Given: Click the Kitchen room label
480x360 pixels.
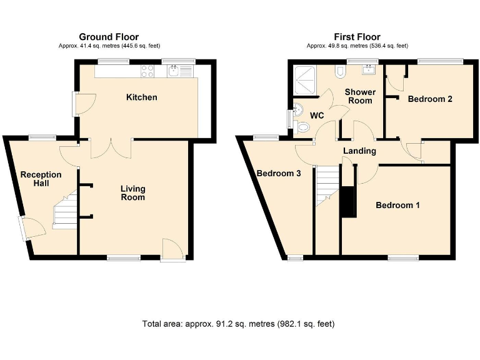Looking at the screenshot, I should pos(142,97).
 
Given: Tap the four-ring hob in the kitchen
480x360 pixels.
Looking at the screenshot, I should pos(148,72).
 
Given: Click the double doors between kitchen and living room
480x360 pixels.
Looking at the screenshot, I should pos(111,149).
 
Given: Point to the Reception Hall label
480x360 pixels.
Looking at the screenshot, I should pos(41,179).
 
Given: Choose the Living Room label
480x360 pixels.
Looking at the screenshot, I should pos(132,192).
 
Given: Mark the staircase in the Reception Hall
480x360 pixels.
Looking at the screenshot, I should pos(64,210).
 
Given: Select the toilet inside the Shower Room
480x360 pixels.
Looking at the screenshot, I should pos(339,71).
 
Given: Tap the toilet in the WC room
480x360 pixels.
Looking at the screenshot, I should pos(303,127).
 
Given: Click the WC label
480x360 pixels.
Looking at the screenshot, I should pos(317,115).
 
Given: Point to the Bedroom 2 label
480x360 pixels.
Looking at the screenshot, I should pos(430,99).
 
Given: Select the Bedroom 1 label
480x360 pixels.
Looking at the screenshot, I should pos(397,205).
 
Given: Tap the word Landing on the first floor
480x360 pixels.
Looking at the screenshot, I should pos(359,151).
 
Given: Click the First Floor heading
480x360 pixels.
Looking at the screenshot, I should pos(357,37).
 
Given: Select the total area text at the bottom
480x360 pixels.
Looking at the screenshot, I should pos(238,324).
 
